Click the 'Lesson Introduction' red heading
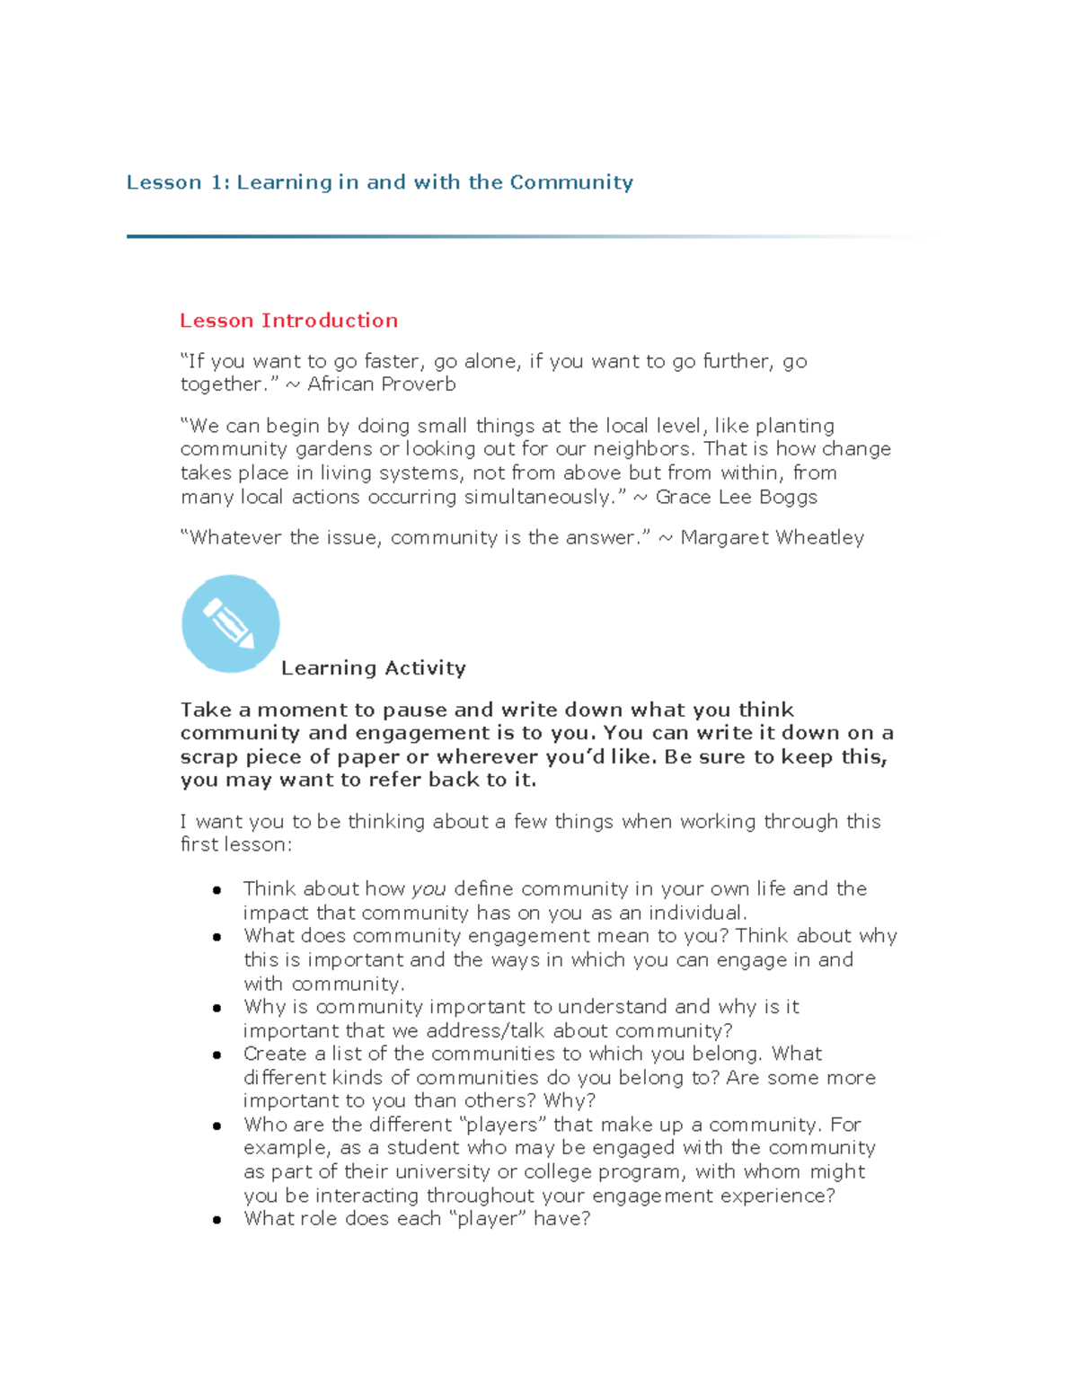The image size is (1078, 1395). click(288, 321)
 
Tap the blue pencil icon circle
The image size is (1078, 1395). click(231, 623)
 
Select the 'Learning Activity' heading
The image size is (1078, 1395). click(373, 668)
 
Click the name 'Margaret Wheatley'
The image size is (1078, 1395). click(772, 538)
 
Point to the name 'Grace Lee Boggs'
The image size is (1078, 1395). click(736, 498)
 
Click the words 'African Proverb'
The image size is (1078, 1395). click(381, 384)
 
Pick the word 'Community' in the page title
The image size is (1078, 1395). click(571, 182)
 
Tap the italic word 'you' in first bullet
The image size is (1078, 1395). click(429, 889)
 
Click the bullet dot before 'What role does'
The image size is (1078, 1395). click(216, 1220)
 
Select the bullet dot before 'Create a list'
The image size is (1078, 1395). click(216, 1055)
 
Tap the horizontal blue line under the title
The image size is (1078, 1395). click(449, 236)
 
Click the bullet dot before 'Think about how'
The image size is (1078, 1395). click(216, 890)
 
